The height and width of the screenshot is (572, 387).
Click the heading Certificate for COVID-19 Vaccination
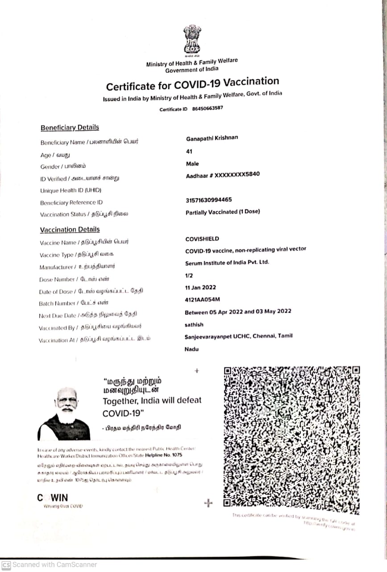point(192,84)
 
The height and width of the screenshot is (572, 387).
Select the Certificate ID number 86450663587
point(208,108)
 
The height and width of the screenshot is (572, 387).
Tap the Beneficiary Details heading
point(70,128)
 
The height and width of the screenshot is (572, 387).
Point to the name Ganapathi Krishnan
point(212,138)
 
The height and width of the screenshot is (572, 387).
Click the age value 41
point(189,151)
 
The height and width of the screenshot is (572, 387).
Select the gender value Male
point(192,164)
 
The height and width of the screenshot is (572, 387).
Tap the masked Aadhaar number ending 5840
point(223,175)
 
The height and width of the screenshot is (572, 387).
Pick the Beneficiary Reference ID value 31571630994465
point(208,200)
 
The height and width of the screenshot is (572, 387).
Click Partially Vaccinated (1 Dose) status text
point(223,212)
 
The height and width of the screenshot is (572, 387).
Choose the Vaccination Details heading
point(70,230)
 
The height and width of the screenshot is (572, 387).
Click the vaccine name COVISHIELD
point(202,239)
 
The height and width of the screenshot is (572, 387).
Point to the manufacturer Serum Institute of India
point(227,262)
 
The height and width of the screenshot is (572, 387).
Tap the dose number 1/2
point(189,276)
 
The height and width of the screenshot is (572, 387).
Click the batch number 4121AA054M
point(202,299)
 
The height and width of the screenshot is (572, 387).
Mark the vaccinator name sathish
point(194,324)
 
